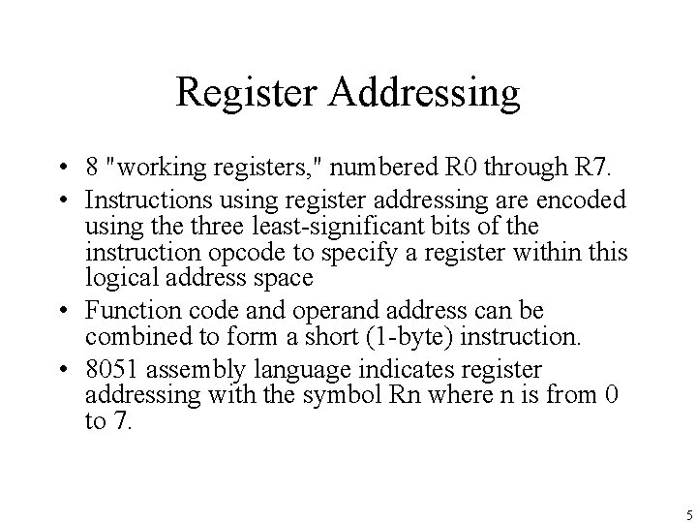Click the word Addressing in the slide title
pyautogui.click(x=425, y=93)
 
